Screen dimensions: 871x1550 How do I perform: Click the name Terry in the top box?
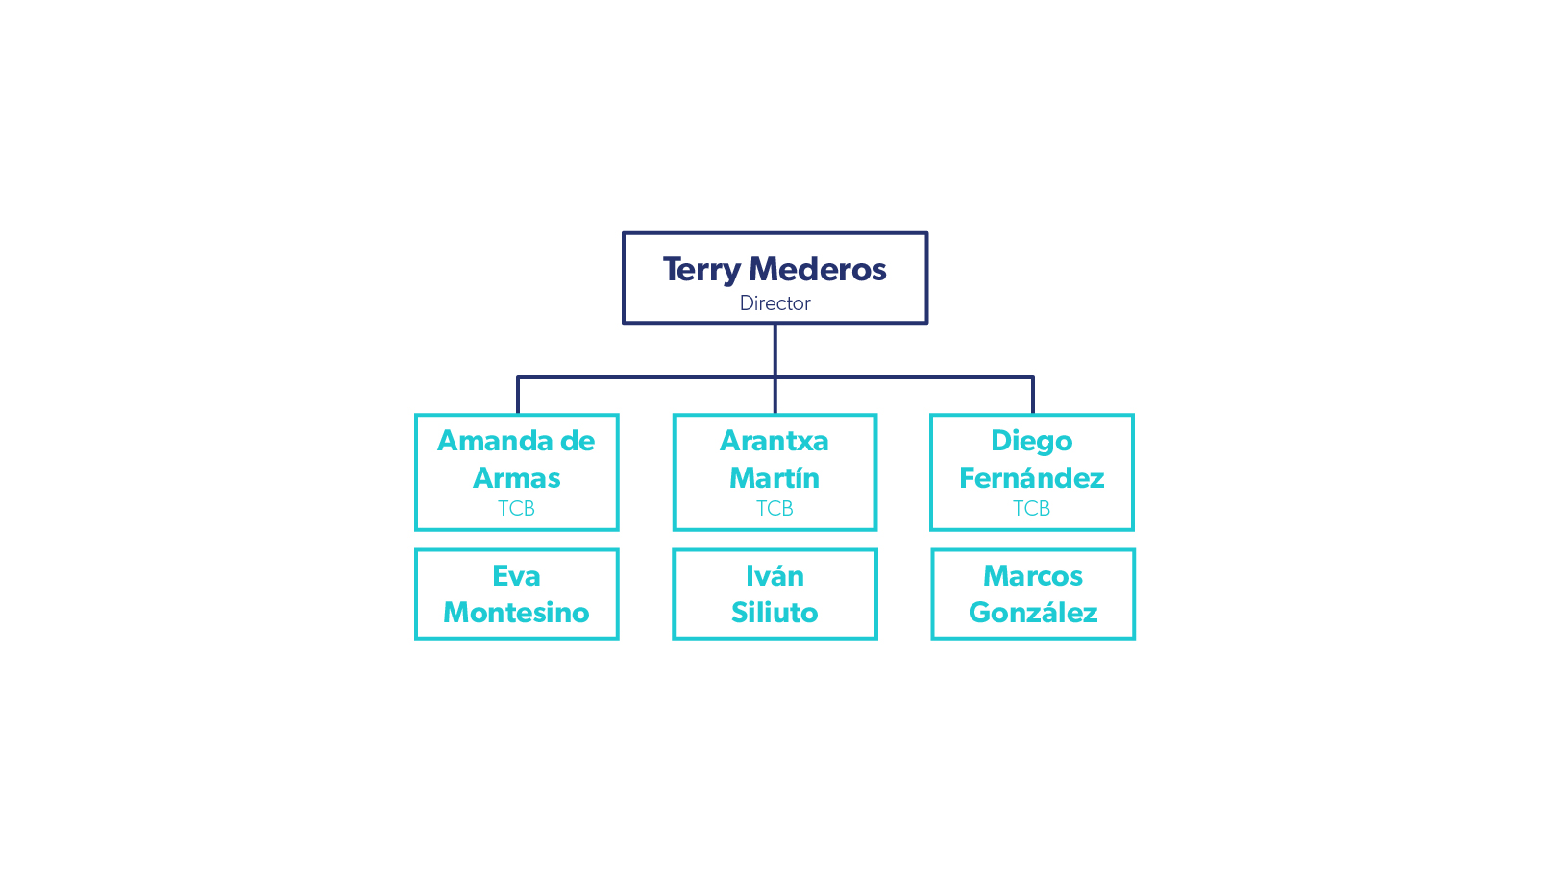701,270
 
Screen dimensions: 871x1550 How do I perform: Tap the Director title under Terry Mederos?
775,303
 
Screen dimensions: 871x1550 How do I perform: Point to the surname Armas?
517,478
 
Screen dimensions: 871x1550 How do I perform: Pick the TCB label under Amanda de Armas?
516,509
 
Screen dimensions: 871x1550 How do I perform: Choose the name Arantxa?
775,441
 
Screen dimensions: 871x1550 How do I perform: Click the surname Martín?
775,478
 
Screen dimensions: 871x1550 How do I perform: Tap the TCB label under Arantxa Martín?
775,509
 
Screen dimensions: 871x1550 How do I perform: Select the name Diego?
1031,441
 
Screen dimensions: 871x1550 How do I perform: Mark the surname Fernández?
1031,478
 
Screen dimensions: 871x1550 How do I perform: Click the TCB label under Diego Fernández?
1031,509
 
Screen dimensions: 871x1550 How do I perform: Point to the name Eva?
516,576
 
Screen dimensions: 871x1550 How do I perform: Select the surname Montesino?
516,613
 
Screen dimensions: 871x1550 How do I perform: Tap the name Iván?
775,576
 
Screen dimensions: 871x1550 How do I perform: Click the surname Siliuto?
775,613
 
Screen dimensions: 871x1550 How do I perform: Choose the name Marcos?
1033,576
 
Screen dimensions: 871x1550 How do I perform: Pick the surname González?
1033,613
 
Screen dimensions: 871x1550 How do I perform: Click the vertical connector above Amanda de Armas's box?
518,396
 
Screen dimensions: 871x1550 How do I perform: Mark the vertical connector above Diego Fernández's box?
1033,396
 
